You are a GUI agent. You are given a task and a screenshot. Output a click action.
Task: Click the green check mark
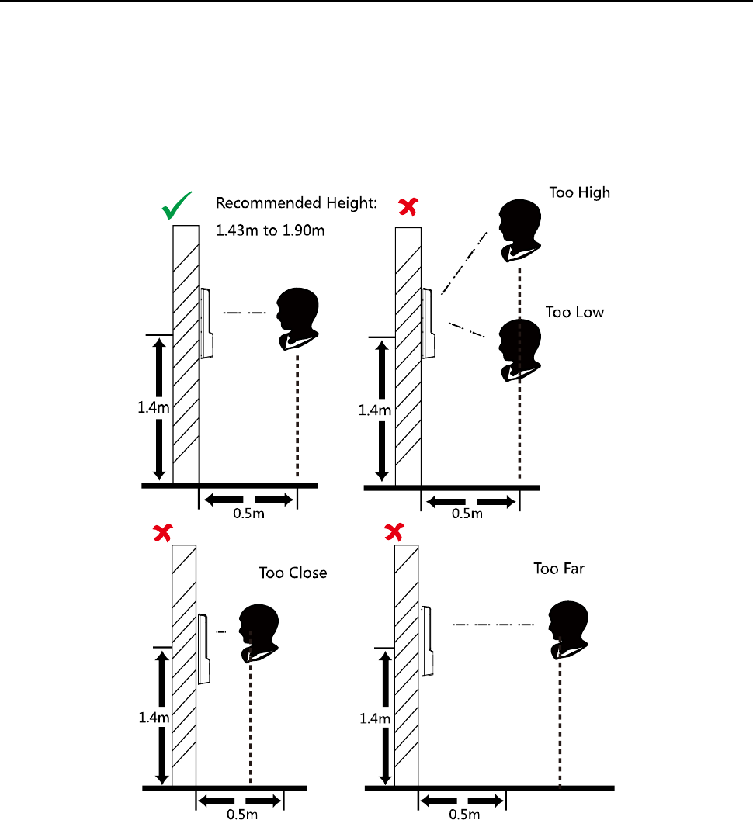(x=179, y=208)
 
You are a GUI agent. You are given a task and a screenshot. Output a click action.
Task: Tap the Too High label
(x=579, y=192)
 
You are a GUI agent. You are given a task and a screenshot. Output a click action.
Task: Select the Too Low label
(x=574, y=312)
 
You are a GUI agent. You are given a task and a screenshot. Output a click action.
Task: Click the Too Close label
(x=293, y=573)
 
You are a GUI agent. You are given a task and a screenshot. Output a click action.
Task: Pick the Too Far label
(x=558, y=569)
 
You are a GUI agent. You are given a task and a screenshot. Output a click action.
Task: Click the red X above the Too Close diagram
(x=162, y=532)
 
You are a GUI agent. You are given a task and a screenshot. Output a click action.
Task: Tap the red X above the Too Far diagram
(x=395, y=531)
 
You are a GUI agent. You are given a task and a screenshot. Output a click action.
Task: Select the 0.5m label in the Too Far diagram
(x=465, y=813)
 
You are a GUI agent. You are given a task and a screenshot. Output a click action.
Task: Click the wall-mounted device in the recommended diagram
(x=206, y=323)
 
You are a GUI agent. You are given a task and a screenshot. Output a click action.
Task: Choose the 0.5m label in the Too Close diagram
(x=239, y=813)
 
